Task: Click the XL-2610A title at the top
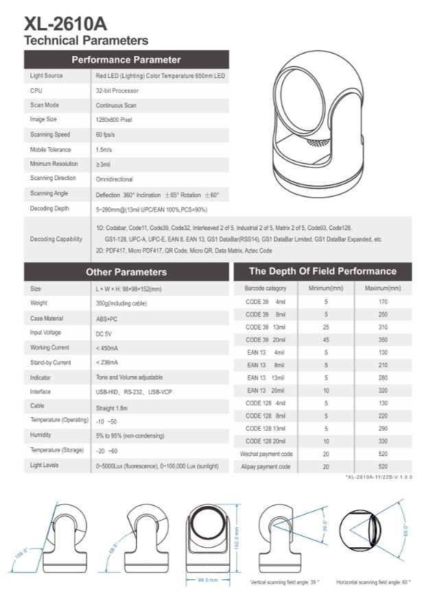pos(66,24)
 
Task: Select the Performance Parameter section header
pos(126,60)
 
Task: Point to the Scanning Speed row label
pos(50,135)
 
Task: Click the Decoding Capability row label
pos(56,239)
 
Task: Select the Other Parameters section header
pos(127,272)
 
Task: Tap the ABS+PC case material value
pos(107,318)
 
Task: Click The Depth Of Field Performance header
pos(322,271)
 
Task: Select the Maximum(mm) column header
pos(383,288)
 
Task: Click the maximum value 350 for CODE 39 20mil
pos(383,340)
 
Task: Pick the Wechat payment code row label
pos(266,454)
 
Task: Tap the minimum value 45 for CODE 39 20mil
pos(326,340)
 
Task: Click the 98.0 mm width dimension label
pos(208,579)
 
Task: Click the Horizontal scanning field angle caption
pos(373,583)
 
